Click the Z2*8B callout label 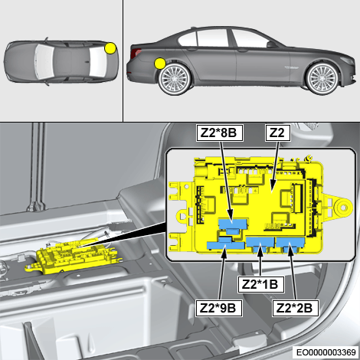[219, 133]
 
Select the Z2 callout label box [278, 133]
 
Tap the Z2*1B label [260, 284]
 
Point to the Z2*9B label [219, 309]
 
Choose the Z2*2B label [296, 309]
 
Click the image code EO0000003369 [326, 352]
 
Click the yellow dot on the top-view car [110, 48]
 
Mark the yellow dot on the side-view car [160, 64]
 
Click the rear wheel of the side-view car [175, 78]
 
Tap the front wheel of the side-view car [322, 78]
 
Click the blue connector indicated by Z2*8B [233, 226]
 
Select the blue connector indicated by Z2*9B [225, 244]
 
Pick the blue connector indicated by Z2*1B [260, 244]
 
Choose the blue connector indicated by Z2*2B [290, 244]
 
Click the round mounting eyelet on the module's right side [342, 208]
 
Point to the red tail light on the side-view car [135, 52]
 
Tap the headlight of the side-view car [348, 60]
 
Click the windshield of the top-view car [45, 61]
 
